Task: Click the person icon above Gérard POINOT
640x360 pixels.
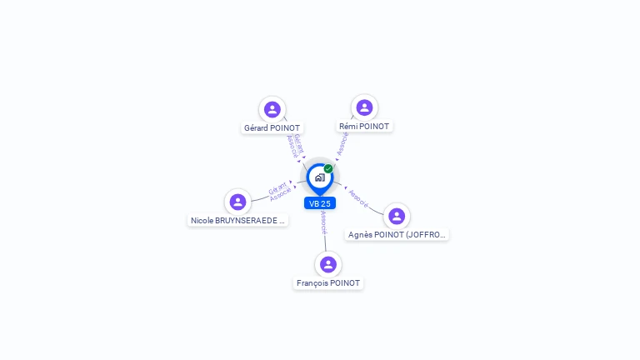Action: point(272,109)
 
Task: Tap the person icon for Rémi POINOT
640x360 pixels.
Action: point(364,107)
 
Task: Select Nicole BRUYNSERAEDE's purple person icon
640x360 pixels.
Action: point(237,202)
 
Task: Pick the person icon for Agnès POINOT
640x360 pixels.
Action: point(397,216)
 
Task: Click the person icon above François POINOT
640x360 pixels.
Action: point(328,264)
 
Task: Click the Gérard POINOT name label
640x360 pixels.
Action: point(272,128)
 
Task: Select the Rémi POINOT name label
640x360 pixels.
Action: point(364,127)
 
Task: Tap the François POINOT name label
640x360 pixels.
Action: point(328,283)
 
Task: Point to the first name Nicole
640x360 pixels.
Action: point(202,221)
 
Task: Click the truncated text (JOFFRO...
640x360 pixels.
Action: point(426,235)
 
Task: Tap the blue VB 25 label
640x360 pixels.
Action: point(320,203)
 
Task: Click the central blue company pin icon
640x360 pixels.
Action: point(319,177)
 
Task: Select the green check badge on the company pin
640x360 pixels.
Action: point(328,168)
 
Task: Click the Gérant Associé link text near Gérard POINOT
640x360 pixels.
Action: point(294,146)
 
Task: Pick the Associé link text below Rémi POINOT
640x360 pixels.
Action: point(342,144)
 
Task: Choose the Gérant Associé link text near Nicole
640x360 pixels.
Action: point(280,192)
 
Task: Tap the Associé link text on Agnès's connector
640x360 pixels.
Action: point(358,197)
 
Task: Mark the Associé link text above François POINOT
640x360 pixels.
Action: point(323,222)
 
